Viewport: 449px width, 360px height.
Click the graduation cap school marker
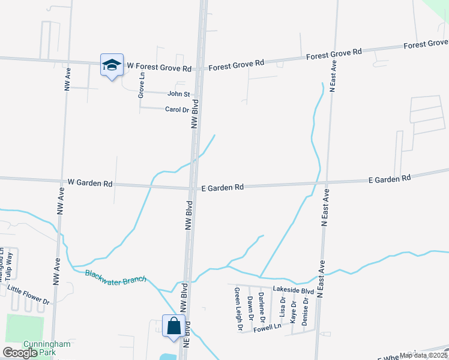pos(112,65)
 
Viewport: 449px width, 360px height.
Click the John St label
pos(178,94)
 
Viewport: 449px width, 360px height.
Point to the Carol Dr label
pos(177,110)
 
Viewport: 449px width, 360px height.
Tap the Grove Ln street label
pos(142,85)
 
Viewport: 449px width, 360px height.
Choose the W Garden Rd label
pos(90,182)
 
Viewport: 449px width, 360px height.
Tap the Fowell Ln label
pos(267,328)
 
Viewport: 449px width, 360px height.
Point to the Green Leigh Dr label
pos(238,309)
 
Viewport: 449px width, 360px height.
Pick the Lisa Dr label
pos(282,306)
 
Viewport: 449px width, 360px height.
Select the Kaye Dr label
pos(293,313)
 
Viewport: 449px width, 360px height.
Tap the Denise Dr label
pos(305,312)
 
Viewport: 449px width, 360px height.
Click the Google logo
pos(19,353)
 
